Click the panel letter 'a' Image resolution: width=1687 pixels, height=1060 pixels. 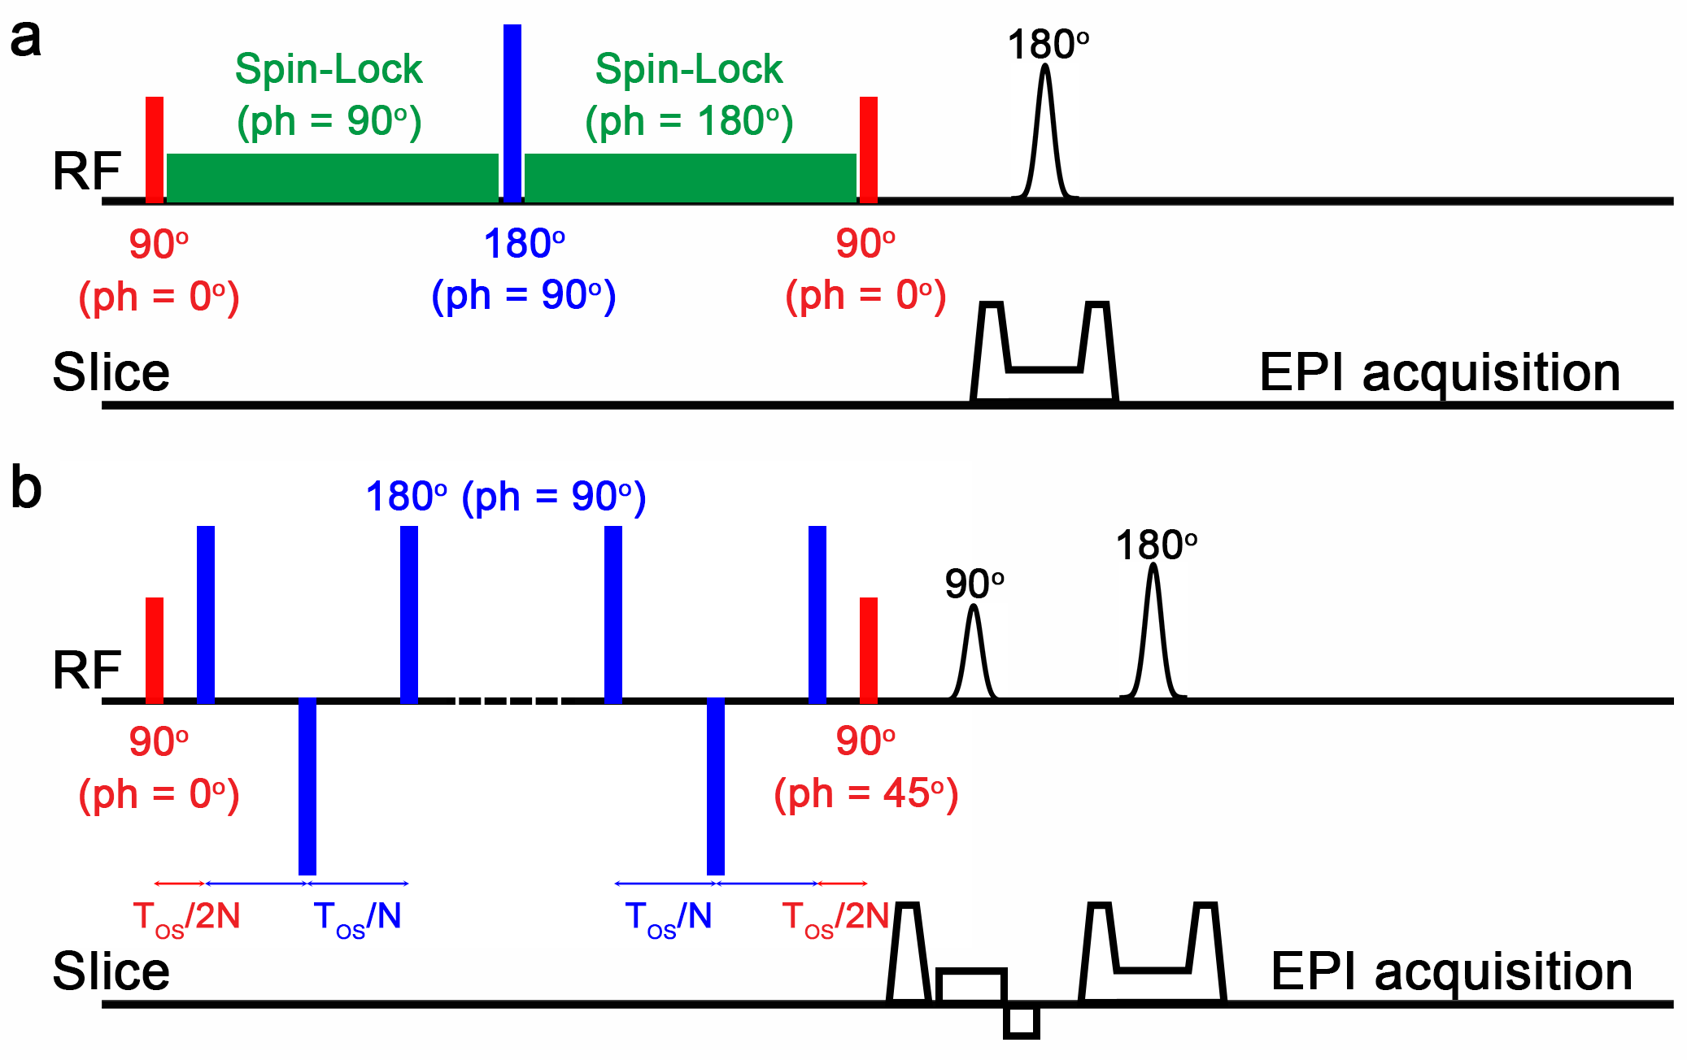[25, 39]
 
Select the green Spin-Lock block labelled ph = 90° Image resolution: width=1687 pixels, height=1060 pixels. [332, 177]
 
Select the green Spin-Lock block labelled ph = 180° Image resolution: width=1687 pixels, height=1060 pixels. [690, 177]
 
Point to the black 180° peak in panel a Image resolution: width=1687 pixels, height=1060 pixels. [1045, 130]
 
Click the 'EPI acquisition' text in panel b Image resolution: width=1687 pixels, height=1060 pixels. [1451, 971]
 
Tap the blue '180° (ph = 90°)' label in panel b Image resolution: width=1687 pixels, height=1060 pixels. [505, 497]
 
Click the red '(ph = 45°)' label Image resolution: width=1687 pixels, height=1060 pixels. [866, 793]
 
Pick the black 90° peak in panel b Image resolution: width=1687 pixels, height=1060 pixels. [974, 650]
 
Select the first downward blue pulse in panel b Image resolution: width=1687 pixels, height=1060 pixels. [307, 785]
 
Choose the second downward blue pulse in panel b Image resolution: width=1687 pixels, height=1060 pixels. [716, 785]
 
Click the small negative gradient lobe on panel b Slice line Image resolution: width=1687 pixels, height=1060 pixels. [1022, 1022]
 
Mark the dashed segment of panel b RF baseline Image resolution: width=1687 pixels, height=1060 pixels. [508, 700]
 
